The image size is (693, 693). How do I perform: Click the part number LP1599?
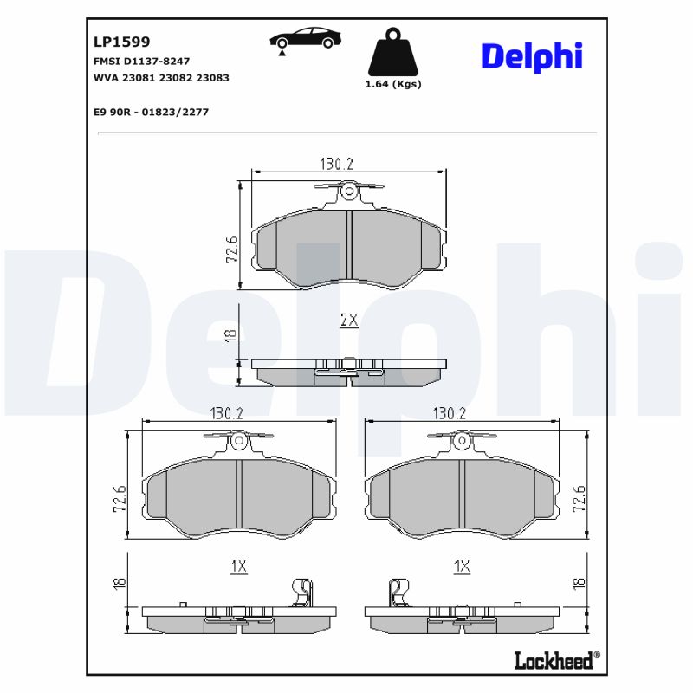click(121, 42)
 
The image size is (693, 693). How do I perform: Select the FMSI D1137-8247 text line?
click(141, 62)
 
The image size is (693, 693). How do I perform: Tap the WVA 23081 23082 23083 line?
click(160, 77)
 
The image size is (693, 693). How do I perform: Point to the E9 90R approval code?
click(150, 112)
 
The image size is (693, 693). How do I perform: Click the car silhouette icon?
click(305, 39)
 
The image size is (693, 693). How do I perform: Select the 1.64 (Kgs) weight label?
click(394, 84)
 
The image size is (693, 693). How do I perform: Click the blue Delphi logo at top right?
click(531, 56)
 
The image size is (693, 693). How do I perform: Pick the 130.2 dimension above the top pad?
click(338, 164)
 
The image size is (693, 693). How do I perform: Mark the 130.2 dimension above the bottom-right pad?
click(450, 414)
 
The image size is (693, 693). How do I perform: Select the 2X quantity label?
click(348, 320)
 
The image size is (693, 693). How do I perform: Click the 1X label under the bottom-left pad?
click(239, 567)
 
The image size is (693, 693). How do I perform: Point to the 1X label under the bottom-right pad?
click(463, 567)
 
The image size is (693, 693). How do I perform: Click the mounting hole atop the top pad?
click(348, 191)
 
